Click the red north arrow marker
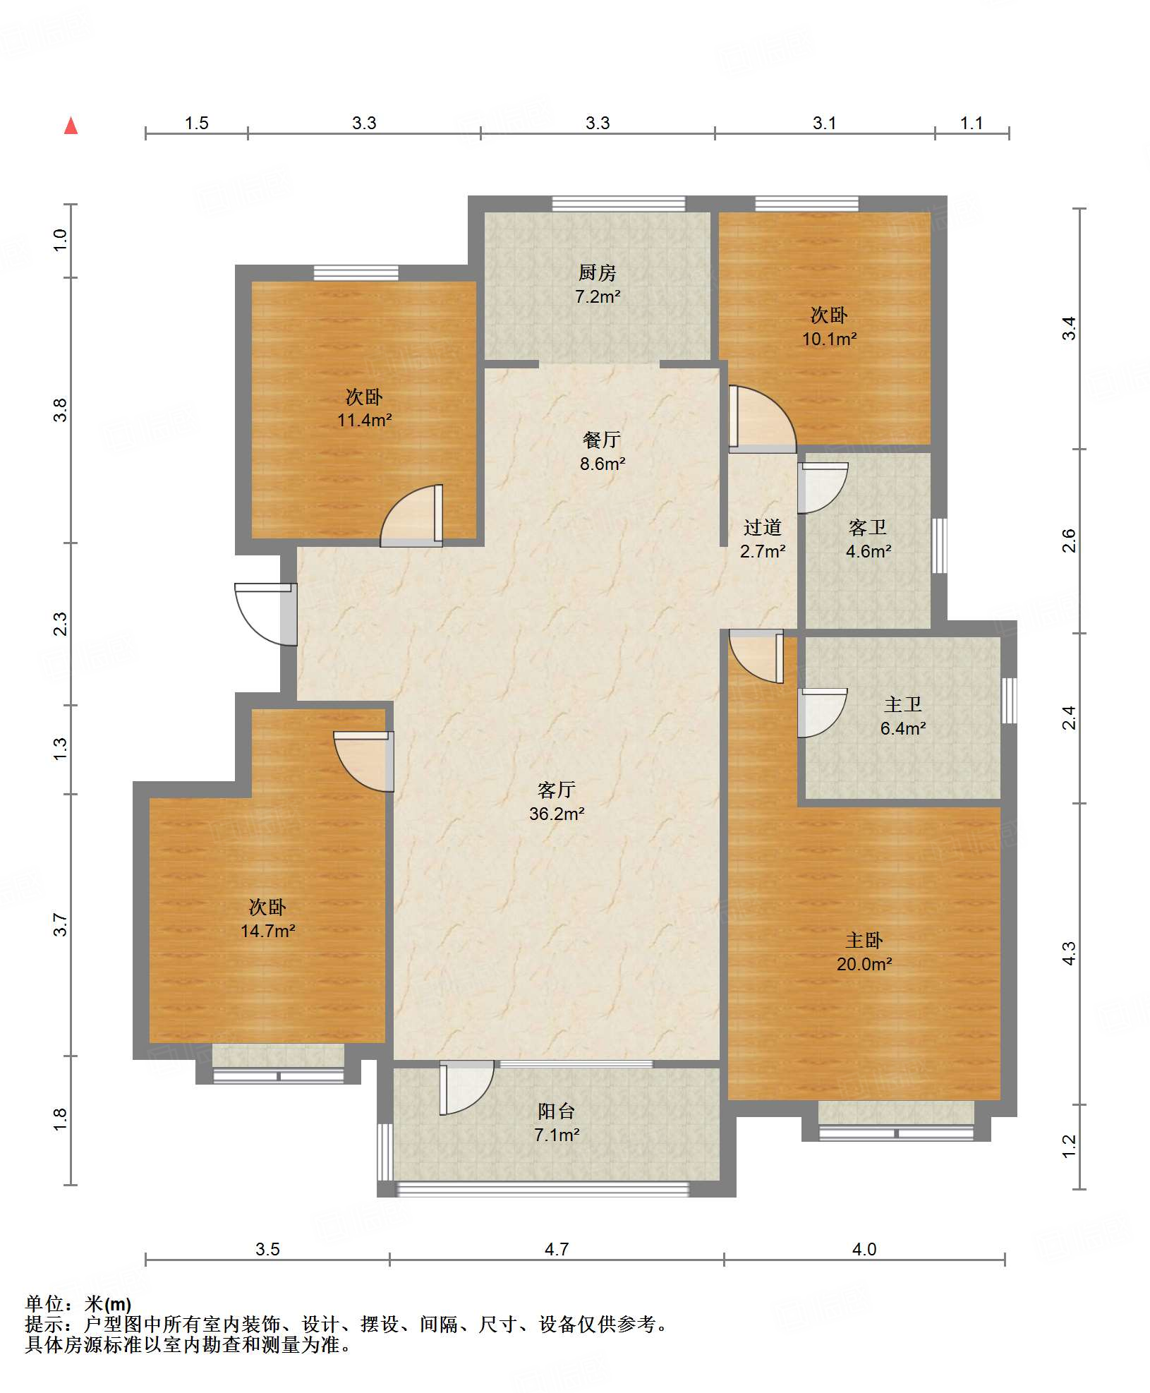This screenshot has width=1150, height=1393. point(71,126)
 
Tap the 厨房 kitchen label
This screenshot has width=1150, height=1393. point(597,272)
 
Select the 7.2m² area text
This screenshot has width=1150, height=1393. point(598,296)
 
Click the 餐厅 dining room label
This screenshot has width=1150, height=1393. point(602,440)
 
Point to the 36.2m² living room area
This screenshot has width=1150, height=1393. point(557,814)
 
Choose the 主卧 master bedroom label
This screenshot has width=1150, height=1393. point(864,940)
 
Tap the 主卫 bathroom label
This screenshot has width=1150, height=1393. point(903,704)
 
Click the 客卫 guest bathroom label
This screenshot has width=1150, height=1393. point(868,527)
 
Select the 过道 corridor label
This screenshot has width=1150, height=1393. point(763,527)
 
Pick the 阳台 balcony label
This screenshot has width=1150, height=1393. point(557,1111)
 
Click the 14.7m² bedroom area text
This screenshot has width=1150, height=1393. point(267,931)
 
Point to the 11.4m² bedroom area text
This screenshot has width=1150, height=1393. point(364,420)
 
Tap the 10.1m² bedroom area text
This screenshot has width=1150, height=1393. point(829,339)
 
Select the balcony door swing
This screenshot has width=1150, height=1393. point(466,1087)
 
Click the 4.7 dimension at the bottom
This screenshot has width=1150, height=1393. point(557,1249)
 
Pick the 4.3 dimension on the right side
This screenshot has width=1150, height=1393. point(1070,953)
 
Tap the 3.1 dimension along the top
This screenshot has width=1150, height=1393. point(824,123)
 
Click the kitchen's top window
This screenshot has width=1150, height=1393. point(619,204)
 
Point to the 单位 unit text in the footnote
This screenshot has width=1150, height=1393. point(44,1304)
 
